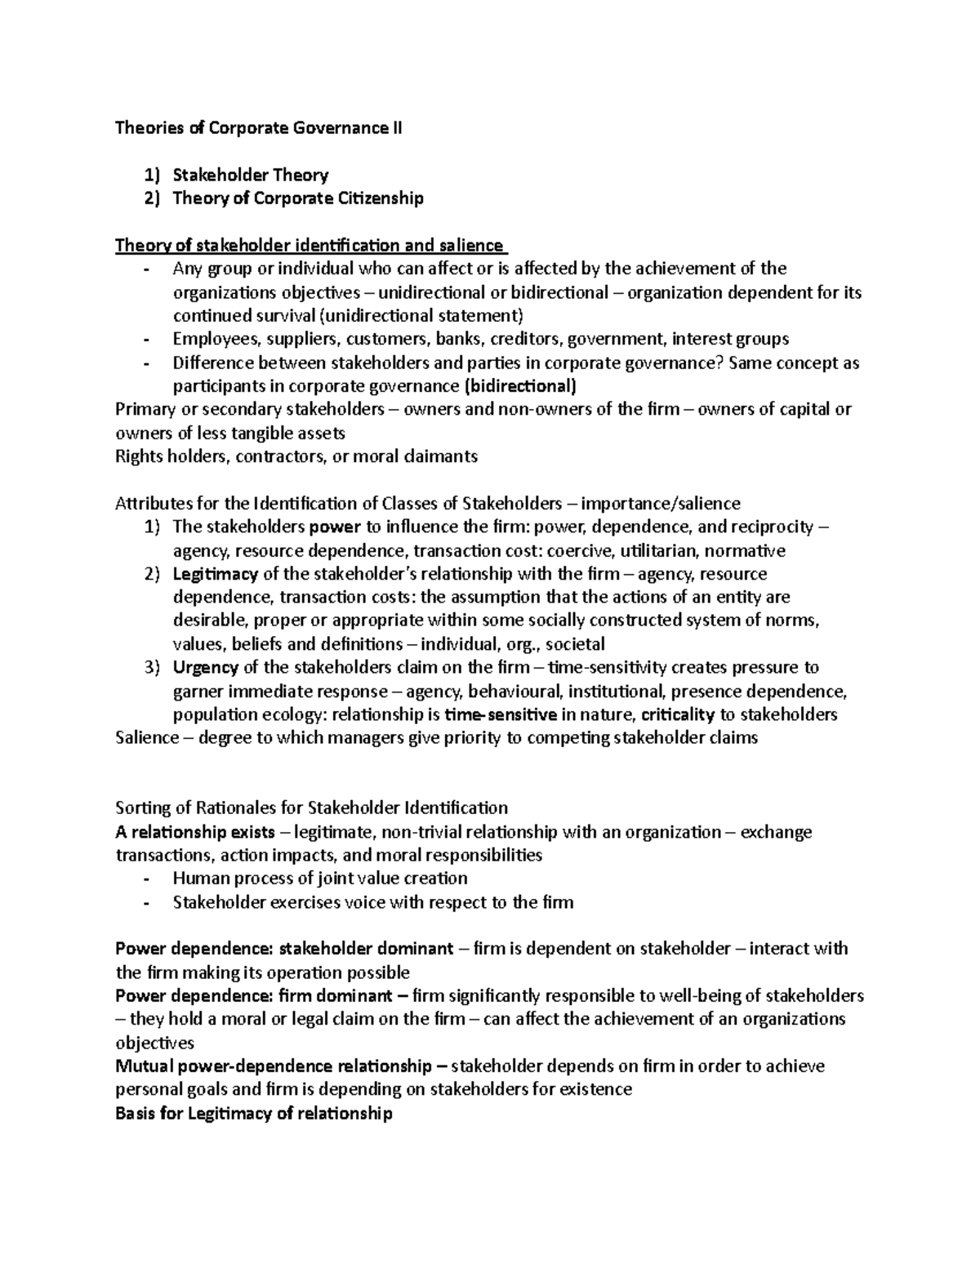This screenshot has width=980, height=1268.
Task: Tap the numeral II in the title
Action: click(x=397, y=128)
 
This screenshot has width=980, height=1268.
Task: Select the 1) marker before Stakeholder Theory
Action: click(x=153, y=175)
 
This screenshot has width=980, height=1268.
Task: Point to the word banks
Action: click(x=460, y=339)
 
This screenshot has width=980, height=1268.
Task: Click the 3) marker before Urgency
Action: click(x=153, y=668)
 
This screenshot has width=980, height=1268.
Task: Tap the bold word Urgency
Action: click(x=206, y=668)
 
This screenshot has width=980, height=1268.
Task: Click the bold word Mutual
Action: click(x=143, y=1066)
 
